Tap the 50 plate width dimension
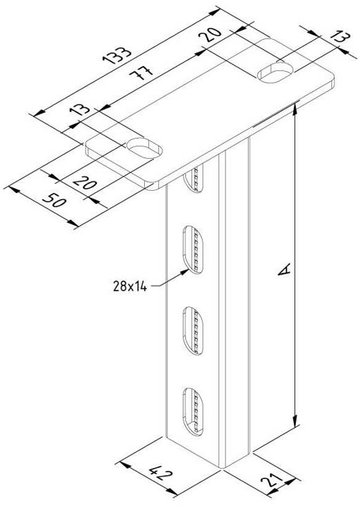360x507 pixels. point(54,201)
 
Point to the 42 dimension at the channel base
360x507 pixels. point(161,474)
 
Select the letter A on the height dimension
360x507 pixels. point(284,270)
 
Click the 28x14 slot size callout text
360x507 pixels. point(130,286)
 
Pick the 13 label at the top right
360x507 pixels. point(341,36)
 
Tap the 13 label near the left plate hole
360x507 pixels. point(80,110)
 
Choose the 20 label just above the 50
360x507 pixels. point(85,182)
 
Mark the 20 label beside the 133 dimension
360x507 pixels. point(211,34)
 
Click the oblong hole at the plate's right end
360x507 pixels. point(275,72)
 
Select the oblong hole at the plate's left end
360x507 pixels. point(144,148)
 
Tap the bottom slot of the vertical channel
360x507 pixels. point(194,409)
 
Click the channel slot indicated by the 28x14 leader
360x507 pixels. point(194,249)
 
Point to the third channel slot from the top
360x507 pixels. point(194,330)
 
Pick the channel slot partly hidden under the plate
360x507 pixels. point(194,179)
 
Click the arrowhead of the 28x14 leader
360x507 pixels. point(185,272)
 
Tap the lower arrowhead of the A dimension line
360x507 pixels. point(295,421)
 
